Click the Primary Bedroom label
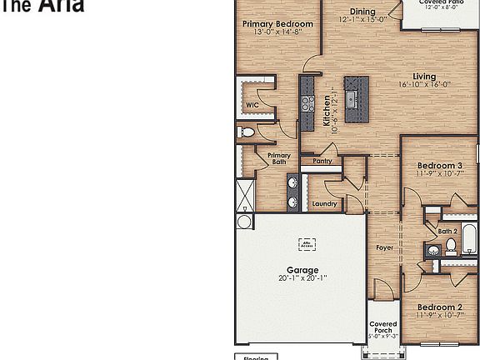point(277,24)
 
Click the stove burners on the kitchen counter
point(307,103)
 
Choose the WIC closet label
point(252,105)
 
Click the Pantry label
point(323,162)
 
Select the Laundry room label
point(324,203)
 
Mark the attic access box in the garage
point(307,243)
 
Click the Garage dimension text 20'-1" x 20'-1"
point(302,278)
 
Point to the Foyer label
point(384,248)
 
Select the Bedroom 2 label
point(439,306)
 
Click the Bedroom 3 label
point(439,166)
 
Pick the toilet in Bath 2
point(450,245)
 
